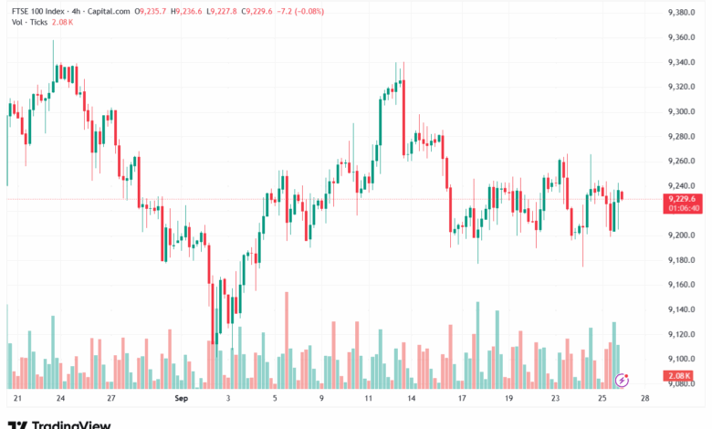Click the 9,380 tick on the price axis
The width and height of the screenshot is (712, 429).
coord(682,12)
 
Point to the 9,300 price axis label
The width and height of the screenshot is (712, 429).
coord(682,111)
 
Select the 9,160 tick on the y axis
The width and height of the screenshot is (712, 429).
coord(682,285)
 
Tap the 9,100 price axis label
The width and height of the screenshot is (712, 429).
coord(682,359)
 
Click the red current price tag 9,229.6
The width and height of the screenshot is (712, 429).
coord(682,199)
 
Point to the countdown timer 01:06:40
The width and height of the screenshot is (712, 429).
coord(684,208)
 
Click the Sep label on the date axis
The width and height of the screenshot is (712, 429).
coord(181,399)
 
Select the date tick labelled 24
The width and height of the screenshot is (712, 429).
coord(59,399)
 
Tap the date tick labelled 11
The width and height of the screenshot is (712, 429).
coord(368,399)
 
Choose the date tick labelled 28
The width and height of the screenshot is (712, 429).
coord(645,399)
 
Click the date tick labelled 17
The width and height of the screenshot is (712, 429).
coord(463,399)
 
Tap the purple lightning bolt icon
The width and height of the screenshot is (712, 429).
coord(623,379)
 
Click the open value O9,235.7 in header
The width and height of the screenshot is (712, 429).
coord(150,12)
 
